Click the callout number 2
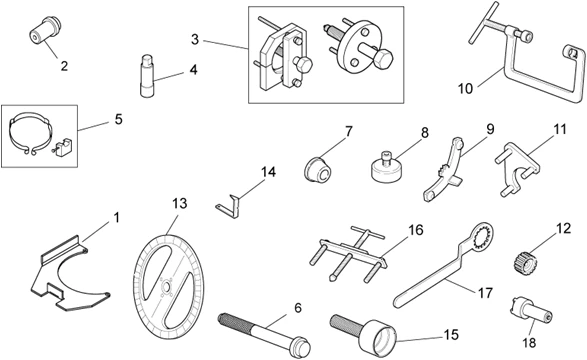click(x=63, y=67)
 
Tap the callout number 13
click(x=179, y=203)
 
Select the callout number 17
click(x=484, y=293)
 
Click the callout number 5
click(x=118, y=120)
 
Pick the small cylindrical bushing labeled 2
click(x=42, y=30)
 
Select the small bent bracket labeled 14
click(x=232, y=199)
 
